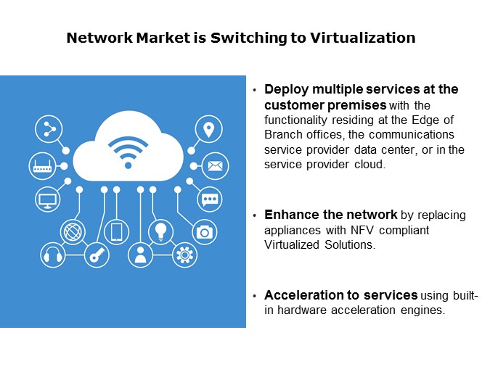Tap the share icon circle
49,130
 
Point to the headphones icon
52,255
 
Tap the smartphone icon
116,232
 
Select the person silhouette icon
140,255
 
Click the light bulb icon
160,231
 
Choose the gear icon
184,255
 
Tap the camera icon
205,231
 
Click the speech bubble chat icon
210,198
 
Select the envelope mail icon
214,165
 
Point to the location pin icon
209,130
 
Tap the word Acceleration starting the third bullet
304,295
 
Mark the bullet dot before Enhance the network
255,216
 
